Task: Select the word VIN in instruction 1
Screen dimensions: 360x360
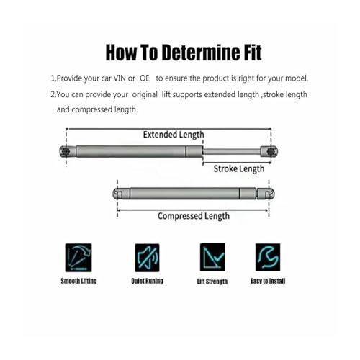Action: click(120, 78)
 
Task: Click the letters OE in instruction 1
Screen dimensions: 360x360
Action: click(145, 78)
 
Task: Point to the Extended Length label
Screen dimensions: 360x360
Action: click(174, 135)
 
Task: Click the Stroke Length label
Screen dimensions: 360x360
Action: click(239, 169)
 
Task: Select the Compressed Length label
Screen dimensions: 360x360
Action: click(194, 216)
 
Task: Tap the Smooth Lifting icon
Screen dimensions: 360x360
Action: click(78, 258)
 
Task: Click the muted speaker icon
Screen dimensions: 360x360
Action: click(147, 258)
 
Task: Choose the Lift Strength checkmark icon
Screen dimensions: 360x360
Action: click(212, 257)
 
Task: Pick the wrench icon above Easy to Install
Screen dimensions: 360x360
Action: click(268, 257)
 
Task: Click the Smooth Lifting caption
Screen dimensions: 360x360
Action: click(78, 281)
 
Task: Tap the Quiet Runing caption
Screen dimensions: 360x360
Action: click(147, 281)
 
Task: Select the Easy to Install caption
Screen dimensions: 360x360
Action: click(268, 281)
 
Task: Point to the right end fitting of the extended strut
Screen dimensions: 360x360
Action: click(269, 151)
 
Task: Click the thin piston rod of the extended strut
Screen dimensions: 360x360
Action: click(232, 151)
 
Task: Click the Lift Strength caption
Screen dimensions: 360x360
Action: click(212, 282)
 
